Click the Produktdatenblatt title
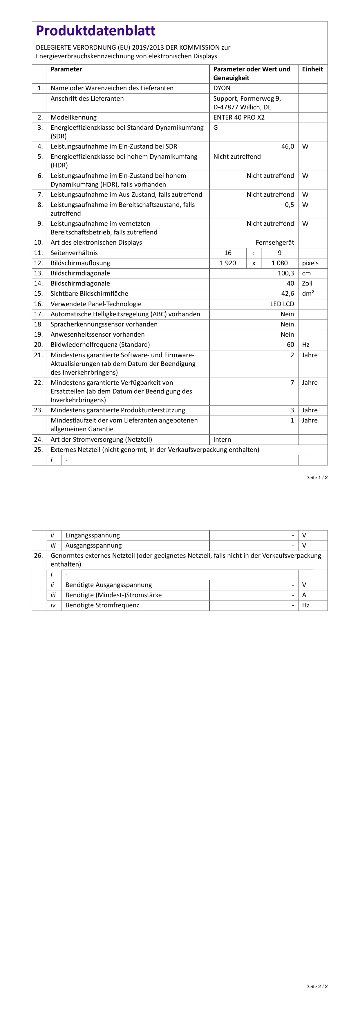click(96, 31)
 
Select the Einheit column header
click(312, 69)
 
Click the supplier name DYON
click(222, 88)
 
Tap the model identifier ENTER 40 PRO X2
click(239, 117)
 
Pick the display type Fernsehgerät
click(275, 243)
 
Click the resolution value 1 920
click(228, 263)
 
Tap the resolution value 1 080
click(279, 263)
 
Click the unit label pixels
click(310, 263)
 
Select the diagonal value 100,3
click(286, 273)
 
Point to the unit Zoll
click(307, 283)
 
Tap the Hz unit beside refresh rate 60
click(305, 344)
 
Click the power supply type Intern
click(222, 439)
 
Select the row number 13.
click(38, 273)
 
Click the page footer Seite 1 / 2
click(317, 478)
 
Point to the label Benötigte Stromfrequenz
click(102, 605)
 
